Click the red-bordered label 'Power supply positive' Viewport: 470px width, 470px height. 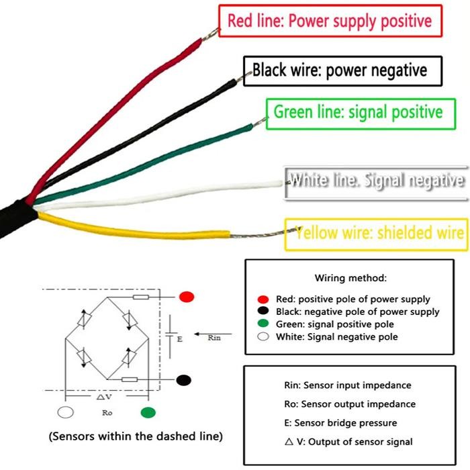(x=330, y=21)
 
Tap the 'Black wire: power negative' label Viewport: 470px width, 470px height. (x=340, y=70)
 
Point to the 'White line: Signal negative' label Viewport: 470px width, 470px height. (x=376, y=181)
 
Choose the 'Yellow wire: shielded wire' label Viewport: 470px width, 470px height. (x=380, y=233)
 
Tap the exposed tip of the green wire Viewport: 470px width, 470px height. (x=256, y=124)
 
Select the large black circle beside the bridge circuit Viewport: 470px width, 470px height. (x=183, y=380)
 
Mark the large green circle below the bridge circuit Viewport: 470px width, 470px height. (x=148, y=412)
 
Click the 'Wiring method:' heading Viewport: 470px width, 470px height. (x=350, y=277)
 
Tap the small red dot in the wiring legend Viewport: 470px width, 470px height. (x=266, y=299)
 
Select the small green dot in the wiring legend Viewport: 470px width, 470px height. (x=266, y=324)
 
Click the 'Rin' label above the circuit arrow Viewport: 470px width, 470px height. (x=214, y=338)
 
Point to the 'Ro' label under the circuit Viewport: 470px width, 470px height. (x=107, y=412)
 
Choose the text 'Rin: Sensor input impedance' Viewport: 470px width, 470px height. (x=347, y=385)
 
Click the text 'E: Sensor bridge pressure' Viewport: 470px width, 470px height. (x=340, y=423)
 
